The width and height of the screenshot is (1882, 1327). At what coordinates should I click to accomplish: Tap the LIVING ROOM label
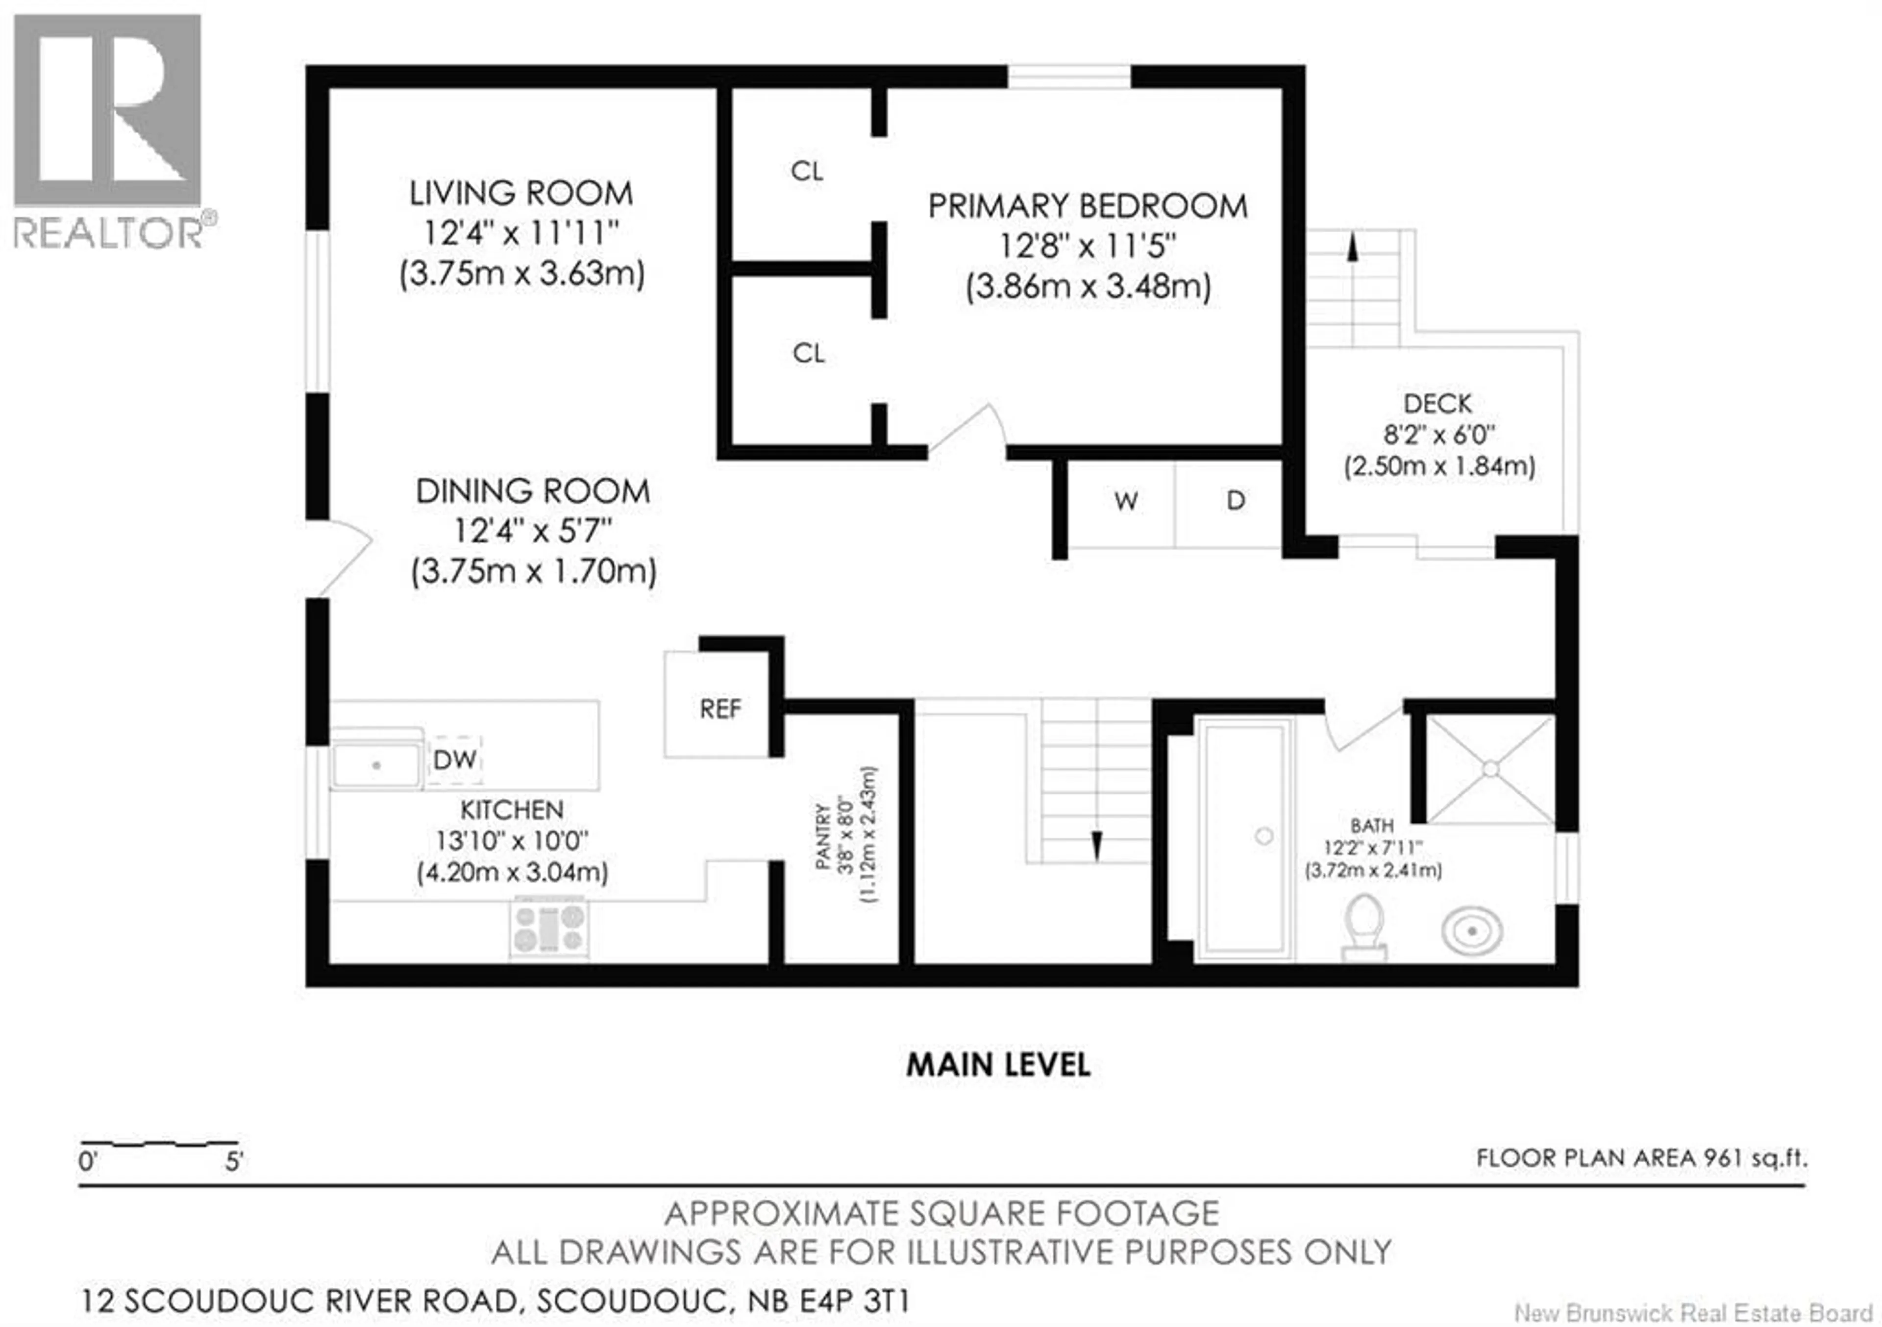(x=521, y=194)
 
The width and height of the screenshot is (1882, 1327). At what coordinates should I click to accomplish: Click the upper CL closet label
(x=807, y=172)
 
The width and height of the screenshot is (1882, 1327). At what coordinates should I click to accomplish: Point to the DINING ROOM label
(x=533, y=492)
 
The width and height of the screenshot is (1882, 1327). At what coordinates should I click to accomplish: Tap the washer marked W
(x=1125, y=501)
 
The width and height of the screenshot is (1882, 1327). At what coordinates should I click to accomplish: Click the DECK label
(x=1438, y=403)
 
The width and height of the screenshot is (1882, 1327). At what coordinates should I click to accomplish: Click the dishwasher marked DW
(x=455, y=760)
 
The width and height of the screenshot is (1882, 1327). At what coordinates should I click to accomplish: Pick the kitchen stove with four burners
(x=548, y=928)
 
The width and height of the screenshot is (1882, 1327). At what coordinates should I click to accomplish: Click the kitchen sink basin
(x=376, y=765)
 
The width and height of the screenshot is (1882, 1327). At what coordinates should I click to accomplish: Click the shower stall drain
(x=1490, y=769)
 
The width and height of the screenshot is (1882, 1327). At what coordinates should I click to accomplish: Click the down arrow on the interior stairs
(x=1097, y=845)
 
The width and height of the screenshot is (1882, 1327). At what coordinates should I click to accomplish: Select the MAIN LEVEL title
(x=997, y=1065)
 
